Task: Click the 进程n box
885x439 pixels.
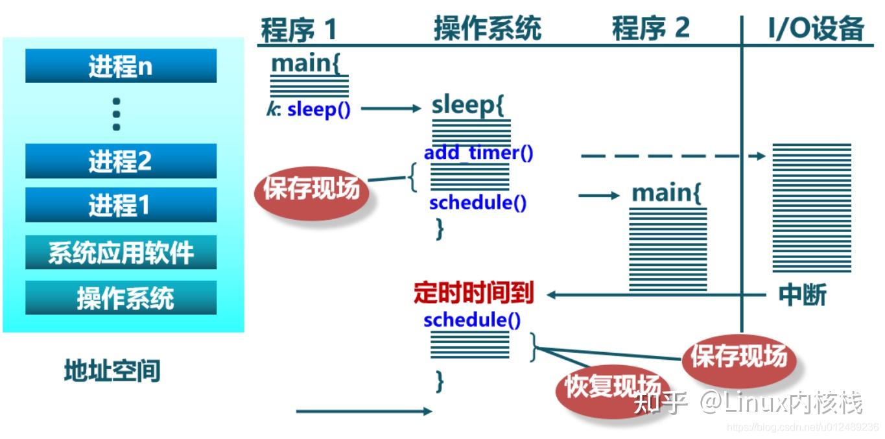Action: (x=121, y=66)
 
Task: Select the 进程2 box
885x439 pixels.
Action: (x=121, y=161)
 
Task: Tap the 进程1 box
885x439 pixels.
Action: (x=121, y=206)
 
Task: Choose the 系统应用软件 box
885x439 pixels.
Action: (x=121, y=252)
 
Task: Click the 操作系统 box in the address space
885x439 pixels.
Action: (x=121, y=298)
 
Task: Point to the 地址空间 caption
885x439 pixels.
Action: (x=112, y=371)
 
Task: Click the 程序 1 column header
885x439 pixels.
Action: (x=299, y=29)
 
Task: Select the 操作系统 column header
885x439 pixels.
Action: (x=487, y=29)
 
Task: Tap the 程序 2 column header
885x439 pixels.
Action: (x=650, y=29)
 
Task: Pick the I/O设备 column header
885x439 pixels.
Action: (x=816, y=29)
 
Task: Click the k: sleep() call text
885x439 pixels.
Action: (x=309, y=109)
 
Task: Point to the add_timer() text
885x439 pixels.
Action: (x=478, y=154)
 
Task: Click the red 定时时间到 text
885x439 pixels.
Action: (x=473, y=294)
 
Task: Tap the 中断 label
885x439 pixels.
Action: (x=802, y=295)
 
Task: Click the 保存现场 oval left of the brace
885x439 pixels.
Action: (x=311, y=189)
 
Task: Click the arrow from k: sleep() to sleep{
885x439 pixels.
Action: (x=391, y=109)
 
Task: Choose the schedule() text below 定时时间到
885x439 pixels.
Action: (x=472, y=320)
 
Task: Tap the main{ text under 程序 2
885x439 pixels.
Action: (x=667, y=193)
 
